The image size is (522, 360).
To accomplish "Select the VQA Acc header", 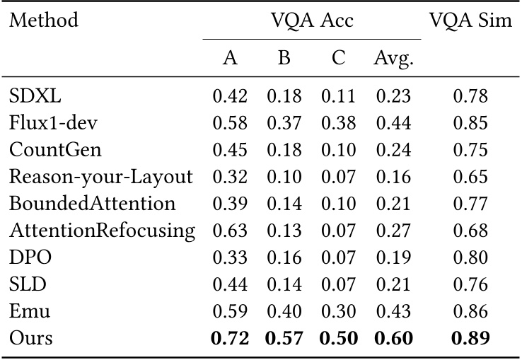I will point(312,20).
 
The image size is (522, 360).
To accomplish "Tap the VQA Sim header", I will point(470,20).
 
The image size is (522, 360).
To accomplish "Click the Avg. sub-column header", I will point(393,59).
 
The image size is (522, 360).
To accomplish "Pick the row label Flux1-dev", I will point(53,124).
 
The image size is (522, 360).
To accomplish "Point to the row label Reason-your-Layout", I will point(101,177).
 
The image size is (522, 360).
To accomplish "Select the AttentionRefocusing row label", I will point(102,231).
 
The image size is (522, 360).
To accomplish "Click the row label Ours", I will point(31,338).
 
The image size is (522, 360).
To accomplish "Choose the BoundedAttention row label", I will point(92,204).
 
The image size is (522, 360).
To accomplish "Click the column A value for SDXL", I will point(230,97).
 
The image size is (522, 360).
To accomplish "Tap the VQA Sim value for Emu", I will point(470,311).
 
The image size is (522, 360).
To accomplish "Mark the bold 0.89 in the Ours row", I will point(470,338).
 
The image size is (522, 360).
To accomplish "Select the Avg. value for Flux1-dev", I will point(393,124).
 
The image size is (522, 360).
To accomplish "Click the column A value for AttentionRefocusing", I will point(230,231).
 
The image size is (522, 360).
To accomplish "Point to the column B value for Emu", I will point(284,311).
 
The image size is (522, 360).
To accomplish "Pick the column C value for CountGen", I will point(338,151).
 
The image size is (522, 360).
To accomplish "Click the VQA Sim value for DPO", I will point(470,257).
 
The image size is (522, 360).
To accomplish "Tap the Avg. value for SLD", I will point(393,284).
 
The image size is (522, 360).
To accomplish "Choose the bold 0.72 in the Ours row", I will point(230,338).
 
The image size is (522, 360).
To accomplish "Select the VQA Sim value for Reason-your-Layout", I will point(470,177).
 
